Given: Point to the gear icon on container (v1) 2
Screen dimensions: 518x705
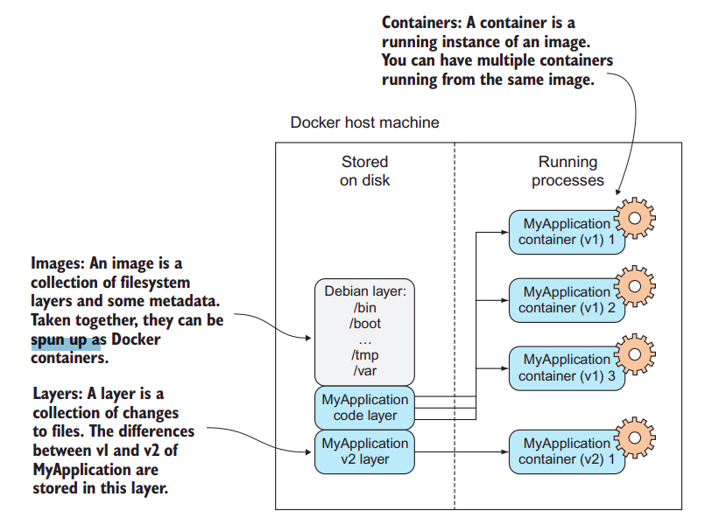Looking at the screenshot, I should (635, 286).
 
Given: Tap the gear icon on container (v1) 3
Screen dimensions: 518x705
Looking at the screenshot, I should (635, 353).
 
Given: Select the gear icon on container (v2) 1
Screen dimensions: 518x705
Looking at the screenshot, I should (635, 437).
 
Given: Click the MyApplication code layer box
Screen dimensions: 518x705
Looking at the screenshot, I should (364, 408).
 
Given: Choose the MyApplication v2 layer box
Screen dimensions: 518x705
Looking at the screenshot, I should (364, 451).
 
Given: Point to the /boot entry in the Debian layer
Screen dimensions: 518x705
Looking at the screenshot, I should (364, 323).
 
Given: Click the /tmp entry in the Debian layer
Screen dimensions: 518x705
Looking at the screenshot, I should (364, 354).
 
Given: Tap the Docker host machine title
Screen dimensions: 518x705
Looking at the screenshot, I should (364, 122).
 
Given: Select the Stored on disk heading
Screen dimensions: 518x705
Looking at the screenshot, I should (364, 171).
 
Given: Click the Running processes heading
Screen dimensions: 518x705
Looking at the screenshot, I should (568, 171).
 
